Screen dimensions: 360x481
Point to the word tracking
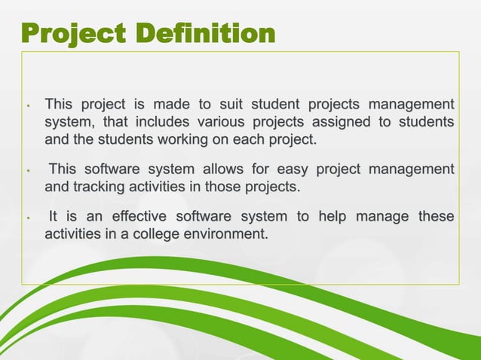(97, 187)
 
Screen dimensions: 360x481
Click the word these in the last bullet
(437, 217)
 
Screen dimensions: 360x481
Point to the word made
(176, 103)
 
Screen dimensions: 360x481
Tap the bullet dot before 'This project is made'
(27, 106)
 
